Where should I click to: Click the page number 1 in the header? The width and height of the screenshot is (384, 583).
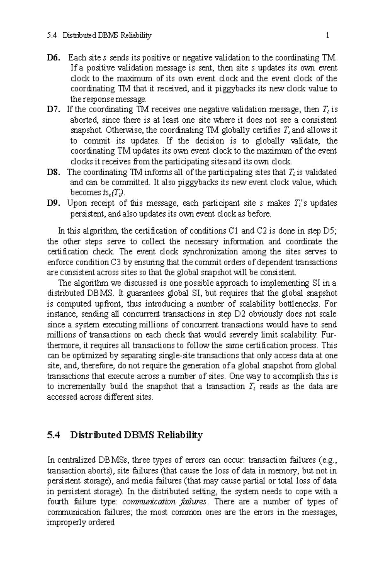point(327,36)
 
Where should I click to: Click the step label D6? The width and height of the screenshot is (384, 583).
point(53,58)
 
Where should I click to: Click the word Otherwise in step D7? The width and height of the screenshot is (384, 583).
point(120,131)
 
